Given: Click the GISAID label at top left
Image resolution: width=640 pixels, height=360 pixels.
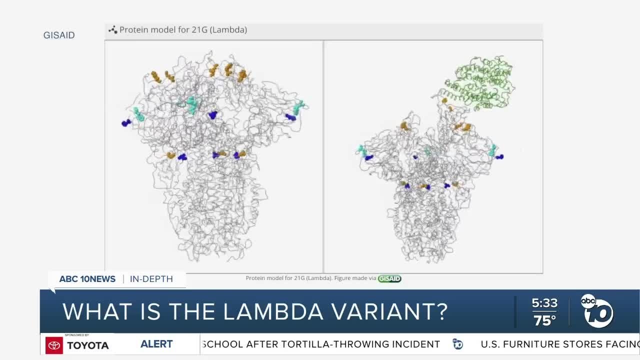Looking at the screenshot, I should [59, 35].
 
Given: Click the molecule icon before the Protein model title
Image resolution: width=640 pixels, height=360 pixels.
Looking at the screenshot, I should [112, 30].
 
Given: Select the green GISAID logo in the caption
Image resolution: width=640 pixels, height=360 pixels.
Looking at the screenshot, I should [389, 278].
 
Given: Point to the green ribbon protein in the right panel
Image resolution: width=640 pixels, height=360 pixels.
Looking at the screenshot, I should [477, 82].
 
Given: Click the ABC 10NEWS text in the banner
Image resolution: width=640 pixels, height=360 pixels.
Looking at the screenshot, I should [87, 279].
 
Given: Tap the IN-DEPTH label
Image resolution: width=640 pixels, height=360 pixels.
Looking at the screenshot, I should [151, 279].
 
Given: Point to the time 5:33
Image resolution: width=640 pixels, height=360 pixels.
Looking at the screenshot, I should [544, 303].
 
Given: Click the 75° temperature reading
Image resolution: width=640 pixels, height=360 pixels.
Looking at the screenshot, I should [545, 320].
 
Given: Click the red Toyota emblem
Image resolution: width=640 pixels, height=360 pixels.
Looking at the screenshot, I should [54, 345].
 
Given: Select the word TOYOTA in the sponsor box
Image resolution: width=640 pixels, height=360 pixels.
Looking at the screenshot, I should [88, 345].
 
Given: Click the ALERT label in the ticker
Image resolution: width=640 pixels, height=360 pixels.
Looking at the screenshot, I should [156, 344].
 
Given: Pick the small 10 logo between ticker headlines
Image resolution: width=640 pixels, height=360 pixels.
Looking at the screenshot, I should [457, 344].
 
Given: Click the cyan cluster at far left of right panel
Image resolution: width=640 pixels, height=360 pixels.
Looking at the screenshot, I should [362, 150].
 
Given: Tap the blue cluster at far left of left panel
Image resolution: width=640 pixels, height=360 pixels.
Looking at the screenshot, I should [126, 122].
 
